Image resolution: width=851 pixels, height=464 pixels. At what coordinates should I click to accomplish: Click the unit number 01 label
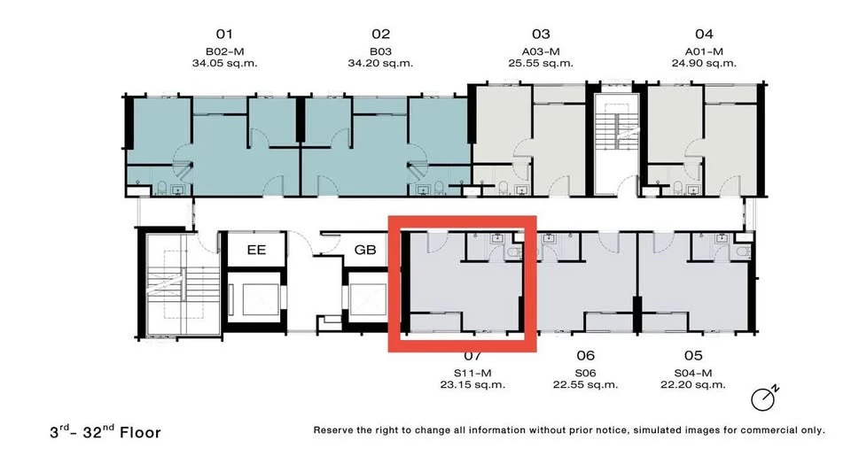[224, 35]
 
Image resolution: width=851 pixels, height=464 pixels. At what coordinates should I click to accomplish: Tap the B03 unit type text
[380, 51]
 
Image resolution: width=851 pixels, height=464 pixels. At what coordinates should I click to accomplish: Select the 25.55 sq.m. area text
[541, 64]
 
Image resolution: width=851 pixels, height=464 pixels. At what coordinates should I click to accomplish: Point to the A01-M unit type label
[704, 51]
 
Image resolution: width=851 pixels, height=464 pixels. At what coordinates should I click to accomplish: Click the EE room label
[256, 250]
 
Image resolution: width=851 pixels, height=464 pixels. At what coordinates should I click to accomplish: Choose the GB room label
[365, 250]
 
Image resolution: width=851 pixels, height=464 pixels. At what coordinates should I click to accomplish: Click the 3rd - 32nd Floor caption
[105, 431]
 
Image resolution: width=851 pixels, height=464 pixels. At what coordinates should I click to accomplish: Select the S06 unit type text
[585, 373]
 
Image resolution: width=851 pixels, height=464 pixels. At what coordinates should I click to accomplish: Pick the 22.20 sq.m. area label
[693, 385]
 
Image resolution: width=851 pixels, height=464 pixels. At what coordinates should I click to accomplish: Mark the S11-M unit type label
[472, 373]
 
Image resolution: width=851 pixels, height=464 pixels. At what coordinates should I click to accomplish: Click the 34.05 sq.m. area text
[224, 64]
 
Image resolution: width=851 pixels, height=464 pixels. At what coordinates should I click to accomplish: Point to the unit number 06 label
[586, 356]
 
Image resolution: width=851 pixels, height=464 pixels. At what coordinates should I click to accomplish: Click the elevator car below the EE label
[256, 298]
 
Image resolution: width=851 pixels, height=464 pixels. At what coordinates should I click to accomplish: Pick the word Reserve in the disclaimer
[333, 430]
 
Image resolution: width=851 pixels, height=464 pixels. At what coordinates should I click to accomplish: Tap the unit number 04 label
[704, 35]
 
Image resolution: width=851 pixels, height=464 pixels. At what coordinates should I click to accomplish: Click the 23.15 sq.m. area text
[472, 385]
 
